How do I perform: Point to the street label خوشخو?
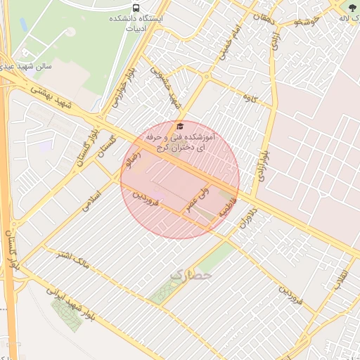[x=308, y=22]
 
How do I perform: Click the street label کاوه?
[x=250, y=96]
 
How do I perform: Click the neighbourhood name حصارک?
[x=190, y=275]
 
